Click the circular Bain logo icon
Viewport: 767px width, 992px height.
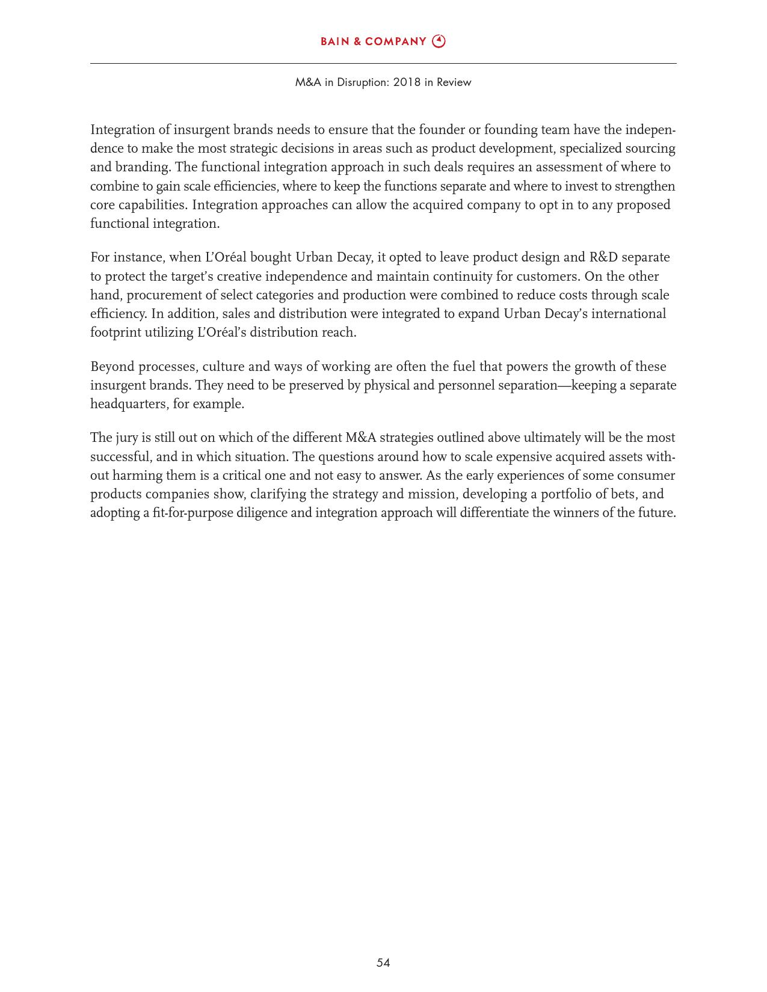(439, 41)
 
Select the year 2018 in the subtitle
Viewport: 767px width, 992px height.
(407, 82)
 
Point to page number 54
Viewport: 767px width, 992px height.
(383, 963)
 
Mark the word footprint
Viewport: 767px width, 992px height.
(116, 332)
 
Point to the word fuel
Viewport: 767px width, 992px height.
(464, 367)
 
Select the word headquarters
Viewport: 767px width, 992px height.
(128, 404)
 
